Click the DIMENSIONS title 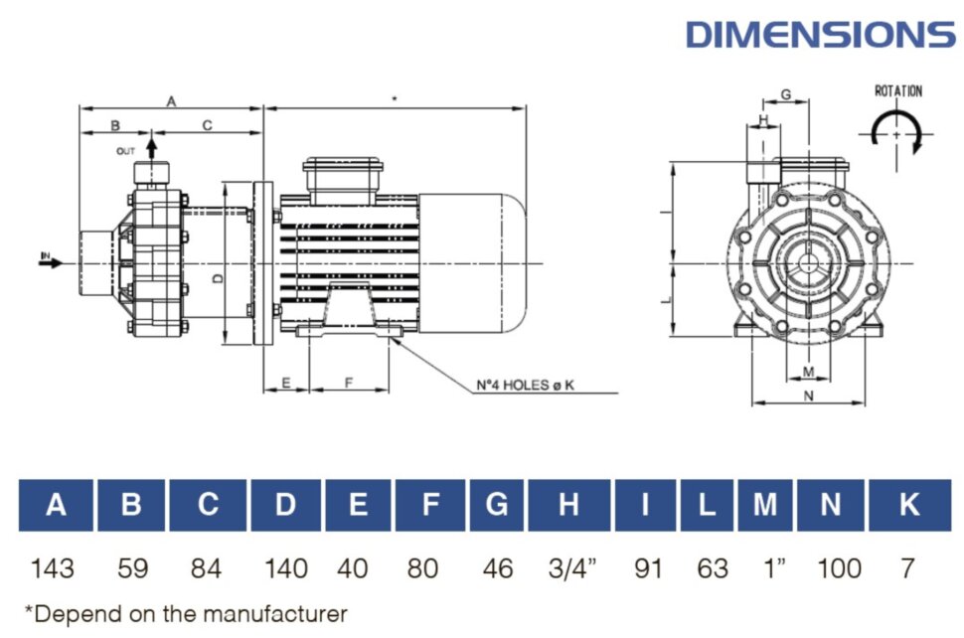point(820,34)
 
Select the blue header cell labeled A point(57,505)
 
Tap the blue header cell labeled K point(908,505)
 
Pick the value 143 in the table point(53,568)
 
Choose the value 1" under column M point(764,568)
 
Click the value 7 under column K point(906,568)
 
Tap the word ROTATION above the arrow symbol point(897,91)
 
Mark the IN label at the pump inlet point(45,257)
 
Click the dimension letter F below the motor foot point(349,383)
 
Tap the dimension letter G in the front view point(785,94)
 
